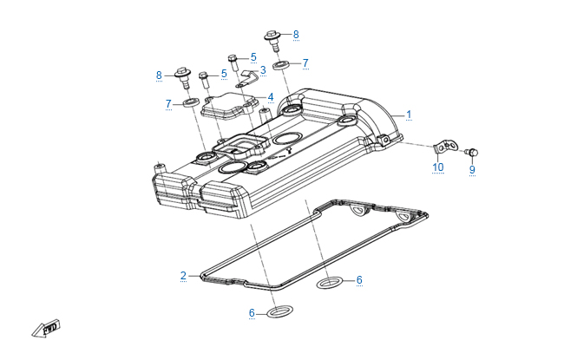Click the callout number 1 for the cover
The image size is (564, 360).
coord(410,114)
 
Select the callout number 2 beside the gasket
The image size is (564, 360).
coord(183,276)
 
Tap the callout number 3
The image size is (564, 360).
coord(262,70)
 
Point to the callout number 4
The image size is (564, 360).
coord(270,96)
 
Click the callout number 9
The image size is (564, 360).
coord(472,170)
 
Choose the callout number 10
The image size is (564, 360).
coord(438,167)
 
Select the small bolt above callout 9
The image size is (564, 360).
coord(472,152)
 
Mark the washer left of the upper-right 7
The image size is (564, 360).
coord(281,64)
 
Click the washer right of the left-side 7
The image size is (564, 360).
coord(189,105)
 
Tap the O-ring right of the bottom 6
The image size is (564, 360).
coord(276,311)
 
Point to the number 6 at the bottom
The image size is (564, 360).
coord(252,312)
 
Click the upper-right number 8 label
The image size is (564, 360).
coord(295,35)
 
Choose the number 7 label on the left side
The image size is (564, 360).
coord(169,104)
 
